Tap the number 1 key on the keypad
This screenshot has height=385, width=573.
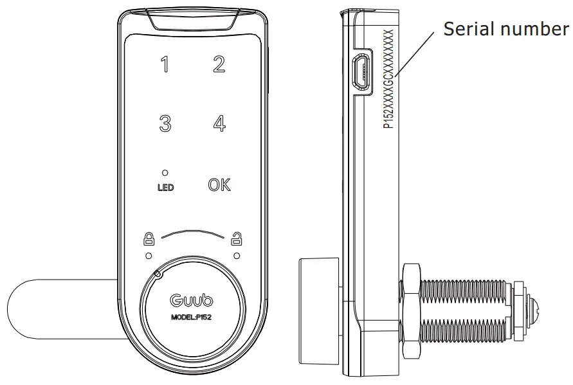click(165, 65)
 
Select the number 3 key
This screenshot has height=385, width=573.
click(165, 123)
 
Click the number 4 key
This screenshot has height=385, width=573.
click(220, 123)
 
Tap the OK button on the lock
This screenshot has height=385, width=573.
click(219, 184)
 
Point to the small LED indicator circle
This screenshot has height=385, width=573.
click(165, 173)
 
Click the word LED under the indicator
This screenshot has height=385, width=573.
click(165, 188)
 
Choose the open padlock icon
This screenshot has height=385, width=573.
click(237, 238)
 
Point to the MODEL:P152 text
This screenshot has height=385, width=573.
click(191, 317)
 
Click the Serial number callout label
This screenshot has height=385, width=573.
click(506, 29)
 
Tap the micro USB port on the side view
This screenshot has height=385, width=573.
click(361, 73)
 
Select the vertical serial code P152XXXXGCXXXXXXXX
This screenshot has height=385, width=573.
click(388, 79)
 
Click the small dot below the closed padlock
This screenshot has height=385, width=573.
click(149, 256)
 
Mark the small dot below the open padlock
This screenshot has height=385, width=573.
click(237, 256)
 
